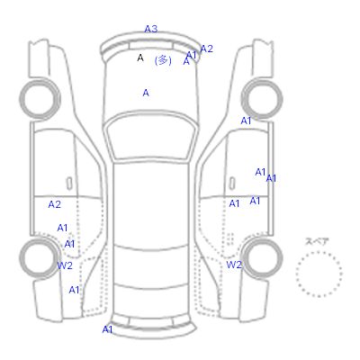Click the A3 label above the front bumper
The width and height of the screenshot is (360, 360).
tap(151, 29)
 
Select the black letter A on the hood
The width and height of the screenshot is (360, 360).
tap(140, 58)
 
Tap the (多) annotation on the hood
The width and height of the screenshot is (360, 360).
tap(163, 60)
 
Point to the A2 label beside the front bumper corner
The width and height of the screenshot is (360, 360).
tap(206, 49)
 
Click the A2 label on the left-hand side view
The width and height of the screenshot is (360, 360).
tap(54, 204)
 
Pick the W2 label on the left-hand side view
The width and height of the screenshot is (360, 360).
tap(65, 265)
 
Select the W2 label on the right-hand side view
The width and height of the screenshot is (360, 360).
tap(234, 265)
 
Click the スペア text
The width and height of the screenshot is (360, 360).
tap(317, 241)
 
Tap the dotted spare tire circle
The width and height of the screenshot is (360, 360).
tap(319, 252)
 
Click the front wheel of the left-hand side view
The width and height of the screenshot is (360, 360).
tap(40, 80)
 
